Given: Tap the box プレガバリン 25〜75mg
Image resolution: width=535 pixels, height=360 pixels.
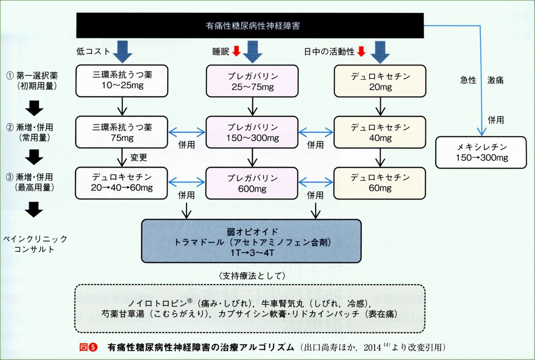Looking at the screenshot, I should [253, 81].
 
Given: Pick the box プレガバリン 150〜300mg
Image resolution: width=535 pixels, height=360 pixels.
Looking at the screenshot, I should [253, 132].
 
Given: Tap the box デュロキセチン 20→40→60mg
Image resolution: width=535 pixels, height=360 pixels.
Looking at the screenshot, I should [122, 182].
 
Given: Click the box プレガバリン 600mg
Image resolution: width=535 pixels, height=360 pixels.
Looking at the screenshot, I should [253, 182].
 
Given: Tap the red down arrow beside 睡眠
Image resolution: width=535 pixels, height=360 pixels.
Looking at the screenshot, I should [236, 52].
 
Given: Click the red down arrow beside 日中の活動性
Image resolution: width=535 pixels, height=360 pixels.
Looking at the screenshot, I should [361, 52].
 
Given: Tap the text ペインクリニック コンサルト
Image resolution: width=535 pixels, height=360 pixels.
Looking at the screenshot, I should [37, 244].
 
